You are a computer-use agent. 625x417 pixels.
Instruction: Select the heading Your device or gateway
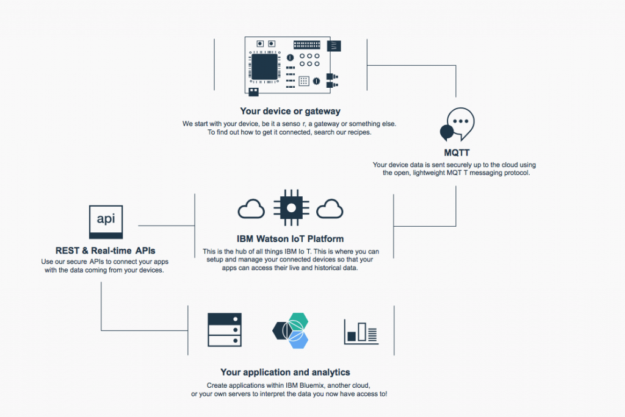coord(290,111)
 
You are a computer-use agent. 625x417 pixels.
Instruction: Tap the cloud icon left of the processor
coord(251,209)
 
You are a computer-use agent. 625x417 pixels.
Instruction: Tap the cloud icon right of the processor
coord(330,209)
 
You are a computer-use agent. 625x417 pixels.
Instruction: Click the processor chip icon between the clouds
coord(291,208)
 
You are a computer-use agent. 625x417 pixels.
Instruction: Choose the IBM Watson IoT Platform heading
coord(290,238)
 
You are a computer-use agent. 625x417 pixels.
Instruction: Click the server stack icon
coord(225,329)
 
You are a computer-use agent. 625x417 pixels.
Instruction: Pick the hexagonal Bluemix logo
coord(291,330)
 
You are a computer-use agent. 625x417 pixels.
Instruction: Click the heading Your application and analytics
coord(285,372)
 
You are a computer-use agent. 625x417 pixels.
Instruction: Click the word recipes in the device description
coord(358,133)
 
